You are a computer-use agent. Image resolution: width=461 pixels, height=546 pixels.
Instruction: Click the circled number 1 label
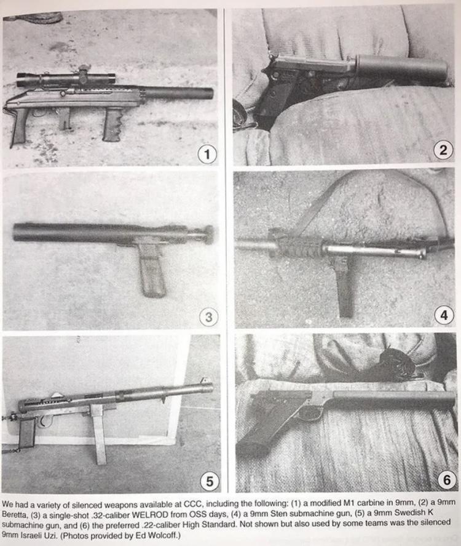click(207, 154)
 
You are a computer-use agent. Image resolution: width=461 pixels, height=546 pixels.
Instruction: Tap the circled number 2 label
click(443, 150)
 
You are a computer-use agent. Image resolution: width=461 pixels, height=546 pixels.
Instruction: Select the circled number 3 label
click(208, 317)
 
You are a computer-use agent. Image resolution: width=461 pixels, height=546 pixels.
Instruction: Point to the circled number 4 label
click(444, 315)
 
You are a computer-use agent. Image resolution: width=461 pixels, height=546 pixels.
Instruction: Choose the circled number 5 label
click(210, 481)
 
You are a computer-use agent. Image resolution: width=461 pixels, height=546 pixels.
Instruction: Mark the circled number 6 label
click(447, 480)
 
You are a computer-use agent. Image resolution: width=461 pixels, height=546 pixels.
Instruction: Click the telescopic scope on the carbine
click(66, 79)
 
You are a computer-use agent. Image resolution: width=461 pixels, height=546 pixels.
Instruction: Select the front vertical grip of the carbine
click(112, 124)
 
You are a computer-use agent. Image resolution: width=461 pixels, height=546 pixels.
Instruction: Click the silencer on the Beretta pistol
click(401, 67)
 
